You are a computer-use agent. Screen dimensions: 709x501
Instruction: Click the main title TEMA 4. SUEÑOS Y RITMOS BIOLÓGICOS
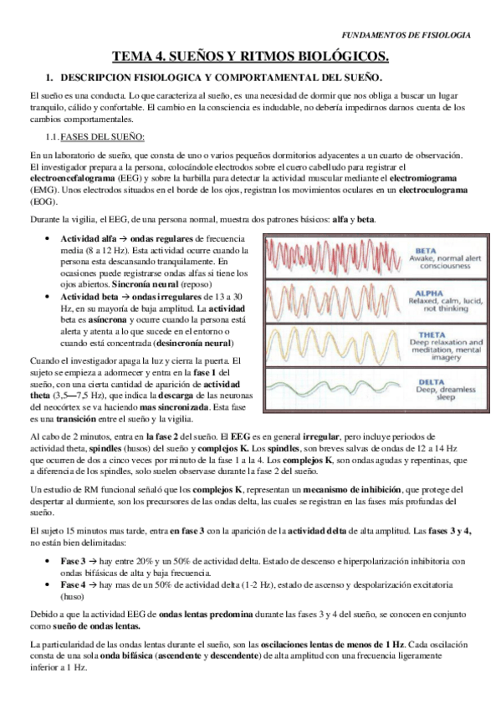pyautogui.click(x=251, y=57)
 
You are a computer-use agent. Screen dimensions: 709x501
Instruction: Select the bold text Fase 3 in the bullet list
pyautogui.click(x=74, y=560)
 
